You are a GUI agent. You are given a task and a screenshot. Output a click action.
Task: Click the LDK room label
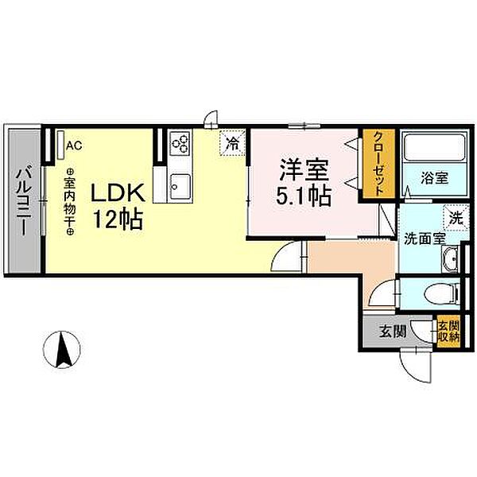tap(115, 193)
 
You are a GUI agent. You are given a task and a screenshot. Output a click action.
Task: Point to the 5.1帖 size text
tap(303, 196)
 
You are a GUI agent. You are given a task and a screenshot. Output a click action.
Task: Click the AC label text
tap(74, 145)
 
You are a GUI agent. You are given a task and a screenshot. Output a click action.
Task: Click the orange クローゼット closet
tap(377, 165)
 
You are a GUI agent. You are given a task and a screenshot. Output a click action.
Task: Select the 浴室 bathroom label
tap(434, 179)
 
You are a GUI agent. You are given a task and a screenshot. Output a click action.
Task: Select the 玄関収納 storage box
tap(447, 330)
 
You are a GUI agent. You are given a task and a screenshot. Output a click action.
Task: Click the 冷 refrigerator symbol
tap(233, 145)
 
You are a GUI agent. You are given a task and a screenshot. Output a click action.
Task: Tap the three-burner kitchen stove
tap(180, 144)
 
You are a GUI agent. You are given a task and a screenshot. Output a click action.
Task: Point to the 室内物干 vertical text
tap(69, 201)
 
